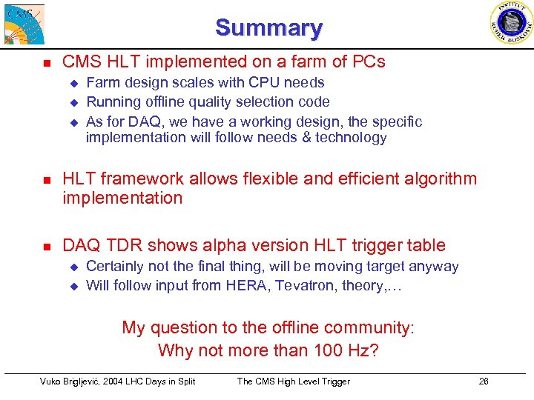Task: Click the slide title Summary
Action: click(x=268, y=28)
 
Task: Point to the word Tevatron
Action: click(x=304, y=285)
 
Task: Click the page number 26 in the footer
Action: click(x=484, y=381)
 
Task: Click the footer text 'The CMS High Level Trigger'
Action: click(x=293, y=381)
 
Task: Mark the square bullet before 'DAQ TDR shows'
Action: click(x=45, y=246)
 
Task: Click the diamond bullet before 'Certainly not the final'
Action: click(x=73, y=267)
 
